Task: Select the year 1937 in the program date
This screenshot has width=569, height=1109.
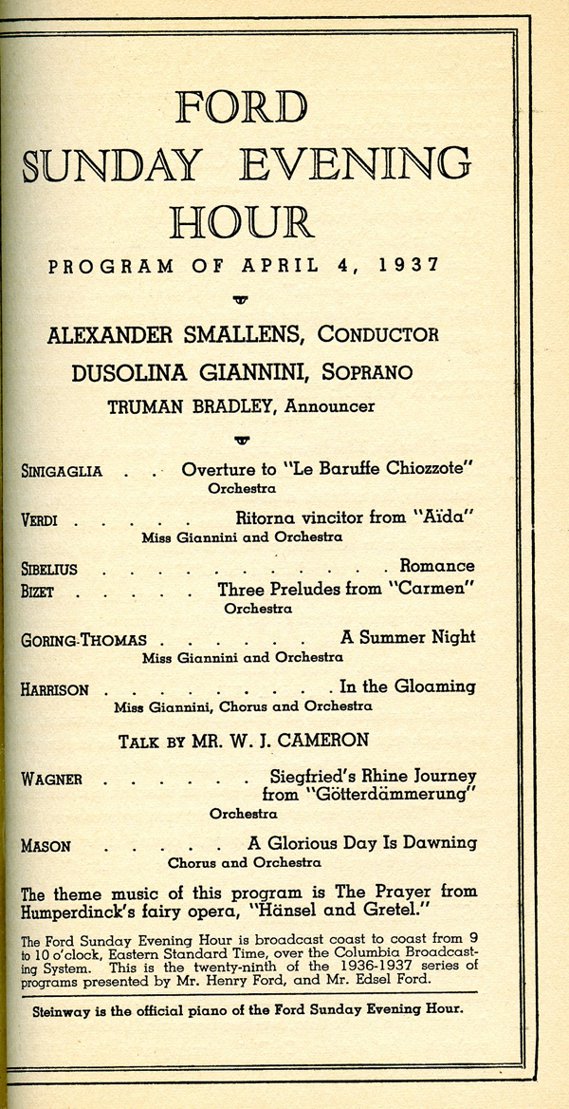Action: click(x=410, y=266)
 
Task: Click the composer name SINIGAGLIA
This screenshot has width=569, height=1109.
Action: click(x=62, y=471)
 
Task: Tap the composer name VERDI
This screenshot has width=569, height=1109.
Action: click(x=39, y=519)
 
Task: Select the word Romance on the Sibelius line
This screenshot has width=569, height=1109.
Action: click(x=437, y=567)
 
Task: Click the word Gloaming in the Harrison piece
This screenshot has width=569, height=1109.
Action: click(x=431, y=686)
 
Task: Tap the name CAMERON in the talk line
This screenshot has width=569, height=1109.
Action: click(x=328, y=741)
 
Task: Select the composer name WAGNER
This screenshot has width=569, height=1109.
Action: click(x=51, y=779)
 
